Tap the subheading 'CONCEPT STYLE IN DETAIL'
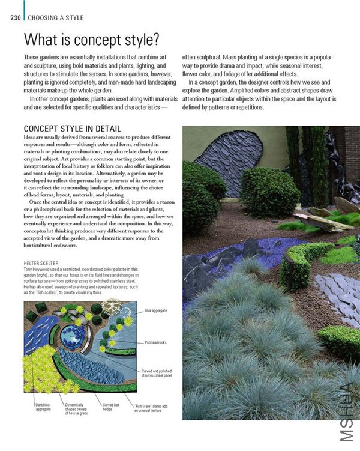point(72,129)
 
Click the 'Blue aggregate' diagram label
point(156,310)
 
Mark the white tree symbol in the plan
point(111,308)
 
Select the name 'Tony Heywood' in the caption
point(38,270)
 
